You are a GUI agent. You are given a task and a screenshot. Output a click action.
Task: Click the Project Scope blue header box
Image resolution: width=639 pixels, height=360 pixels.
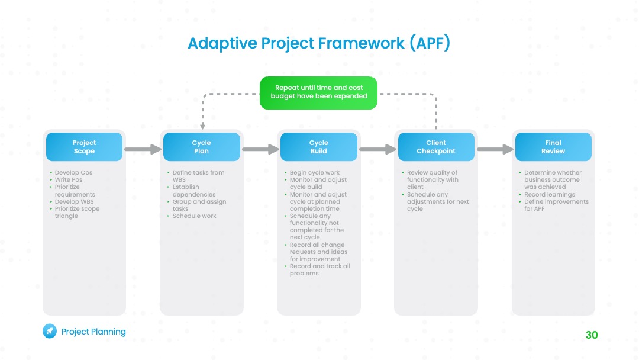click(x=85, y=147)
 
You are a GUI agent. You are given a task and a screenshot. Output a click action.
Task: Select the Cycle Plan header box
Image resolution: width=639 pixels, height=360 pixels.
click(x=202, y=147)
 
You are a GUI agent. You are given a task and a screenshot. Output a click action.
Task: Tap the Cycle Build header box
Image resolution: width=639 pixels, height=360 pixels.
click(x=319, y=147)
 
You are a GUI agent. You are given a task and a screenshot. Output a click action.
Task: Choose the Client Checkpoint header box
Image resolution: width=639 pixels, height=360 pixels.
click(x=436, y=147)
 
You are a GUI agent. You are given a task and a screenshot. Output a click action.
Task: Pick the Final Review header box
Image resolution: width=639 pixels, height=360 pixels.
click(x=553, y=147)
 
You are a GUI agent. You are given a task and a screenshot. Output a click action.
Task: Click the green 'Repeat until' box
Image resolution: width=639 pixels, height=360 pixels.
click(x=319, y=93)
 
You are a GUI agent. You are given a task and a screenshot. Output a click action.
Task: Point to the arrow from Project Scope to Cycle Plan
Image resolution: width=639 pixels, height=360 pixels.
click(x=143, y=149)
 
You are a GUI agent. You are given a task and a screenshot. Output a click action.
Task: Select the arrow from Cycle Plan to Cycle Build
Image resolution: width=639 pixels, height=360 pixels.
click(x=260, y=149)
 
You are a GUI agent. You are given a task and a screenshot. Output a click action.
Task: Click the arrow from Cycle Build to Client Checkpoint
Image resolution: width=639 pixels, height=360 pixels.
click(x=377, y=149)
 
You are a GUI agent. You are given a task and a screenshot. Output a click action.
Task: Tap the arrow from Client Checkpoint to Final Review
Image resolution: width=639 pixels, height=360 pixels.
click(x=495, y=149)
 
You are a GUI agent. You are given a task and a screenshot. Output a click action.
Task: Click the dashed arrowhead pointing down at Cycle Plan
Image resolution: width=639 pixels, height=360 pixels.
click(x=202, y=127)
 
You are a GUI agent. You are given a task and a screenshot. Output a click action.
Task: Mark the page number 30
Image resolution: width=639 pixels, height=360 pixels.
click(x=592, y=335)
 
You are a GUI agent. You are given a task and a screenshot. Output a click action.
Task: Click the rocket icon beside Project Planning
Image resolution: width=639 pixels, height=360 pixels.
click(x=50, y=331)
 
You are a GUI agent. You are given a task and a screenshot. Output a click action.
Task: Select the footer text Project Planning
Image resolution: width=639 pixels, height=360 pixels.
click(x=93, y=332)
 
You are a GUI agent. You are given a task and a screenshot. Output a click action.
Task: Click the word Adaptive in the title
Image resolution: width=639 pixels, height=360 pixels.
click(x=222, y=43)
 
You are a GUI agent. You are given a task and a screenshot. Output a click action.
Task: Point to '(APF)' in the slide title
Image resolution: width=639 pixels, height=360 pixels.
click(x=430, y=43)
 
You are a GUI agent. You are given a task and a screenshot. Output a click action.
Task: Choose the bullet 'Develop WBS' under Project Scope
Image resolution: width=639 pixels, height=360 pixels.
click(x=74, y=201)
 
